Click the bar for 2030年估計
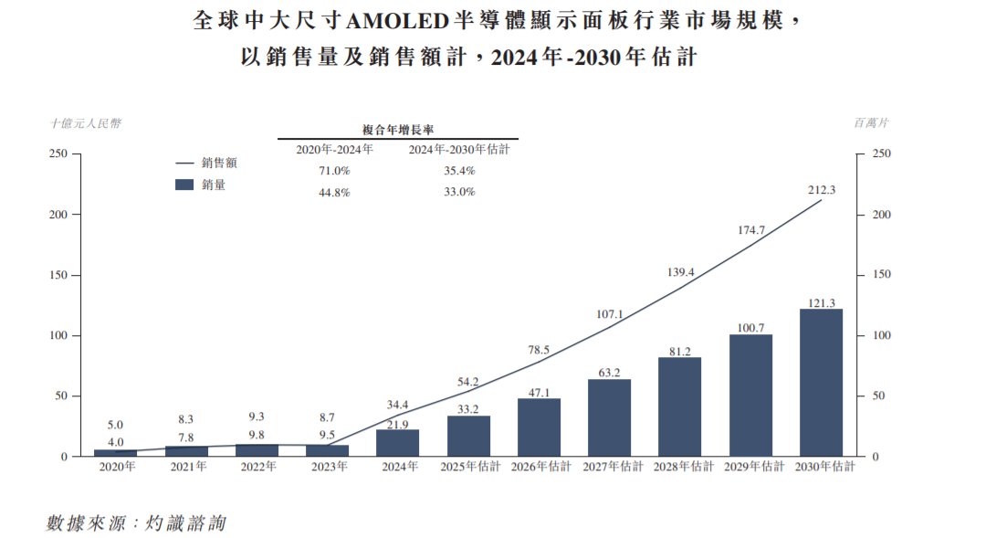821,383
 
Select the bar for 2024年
398,443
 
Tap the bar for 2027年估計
609,417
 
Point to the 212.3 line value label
822,189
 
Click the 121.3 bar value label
822,302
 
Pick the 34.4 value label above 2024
398,403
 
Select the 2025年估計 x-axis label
468,467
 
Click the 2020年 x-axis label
117,467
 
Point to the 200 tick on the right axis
881,215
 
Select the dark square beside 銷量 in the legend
184,185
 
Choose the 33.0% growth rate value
459,192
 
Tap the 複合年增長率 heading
398,131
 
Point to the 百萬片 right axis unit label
872,122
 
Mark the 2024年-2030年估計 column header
459,150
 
